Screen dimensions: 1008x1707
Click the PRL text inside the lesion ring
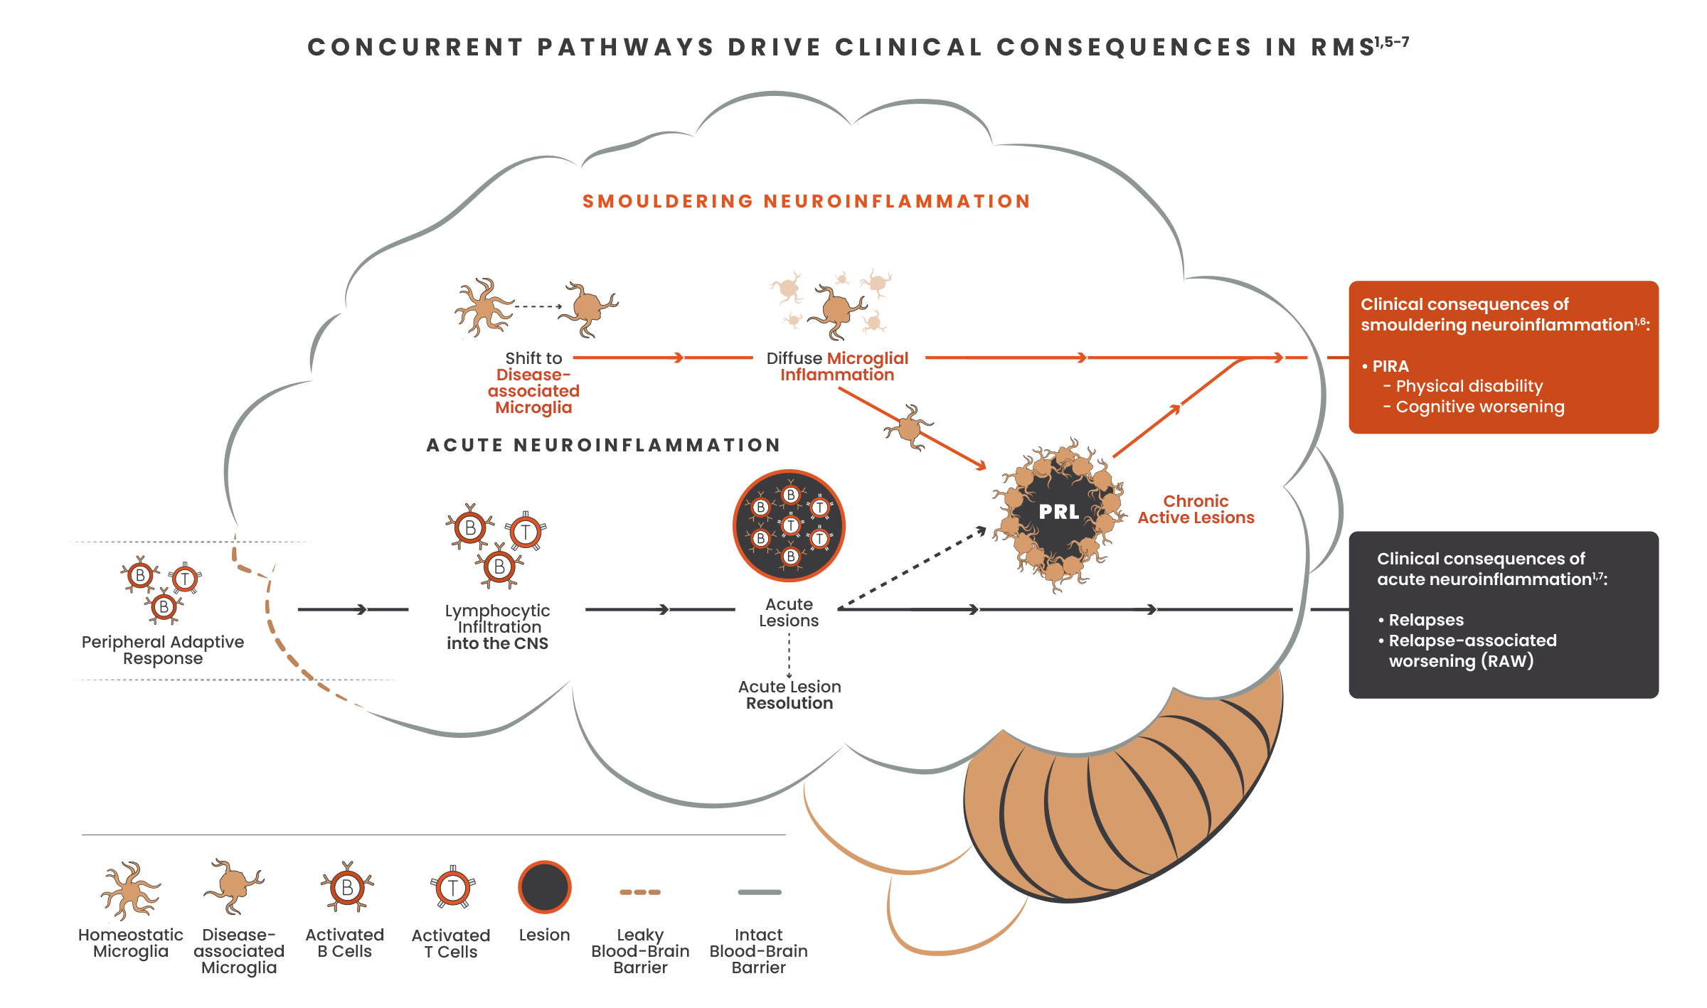pos(1059,512)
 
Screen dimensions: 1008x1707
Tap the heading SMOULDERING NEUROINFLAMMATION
pos(807,201)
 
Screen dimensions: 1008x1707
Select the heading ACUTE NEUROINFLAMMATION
pos(604,445)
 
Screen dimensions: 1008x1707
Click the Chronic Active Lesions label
pos(1196,510)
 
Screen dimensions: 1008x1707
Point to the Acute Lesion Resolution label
pos(789,695)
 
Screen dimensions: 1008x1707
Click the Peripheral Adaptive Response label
pos(162,650)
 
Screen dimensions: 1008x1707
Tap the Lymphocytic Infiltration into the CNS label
pos(497,627)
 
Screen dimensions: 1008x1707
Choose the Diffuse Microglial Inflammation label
pos(837,366)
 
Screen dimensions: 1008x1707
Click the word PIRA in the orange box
pos(1390,366)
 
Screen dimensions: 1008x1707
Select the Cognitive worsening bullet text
pos(1479,407)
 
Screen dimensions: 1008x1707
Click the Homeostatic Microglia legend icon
pos(130,890)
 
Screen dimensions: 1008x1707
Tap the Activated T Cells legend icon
pos(452,888)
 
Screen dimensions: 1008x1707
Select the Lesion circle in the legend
pos(544,887)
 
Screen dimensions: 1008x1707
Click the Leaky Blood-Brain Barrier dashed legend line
pos(640,892)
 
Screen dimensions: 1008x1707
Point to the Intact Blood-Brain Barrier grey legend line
pos(759,892)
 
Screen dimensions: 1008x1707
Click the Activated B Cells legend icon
pos(347,887)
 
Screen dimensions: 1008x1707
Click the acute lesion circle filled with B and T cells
pos(789,526)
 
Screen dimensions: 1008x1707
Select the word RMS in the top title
pos(1343,47)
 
